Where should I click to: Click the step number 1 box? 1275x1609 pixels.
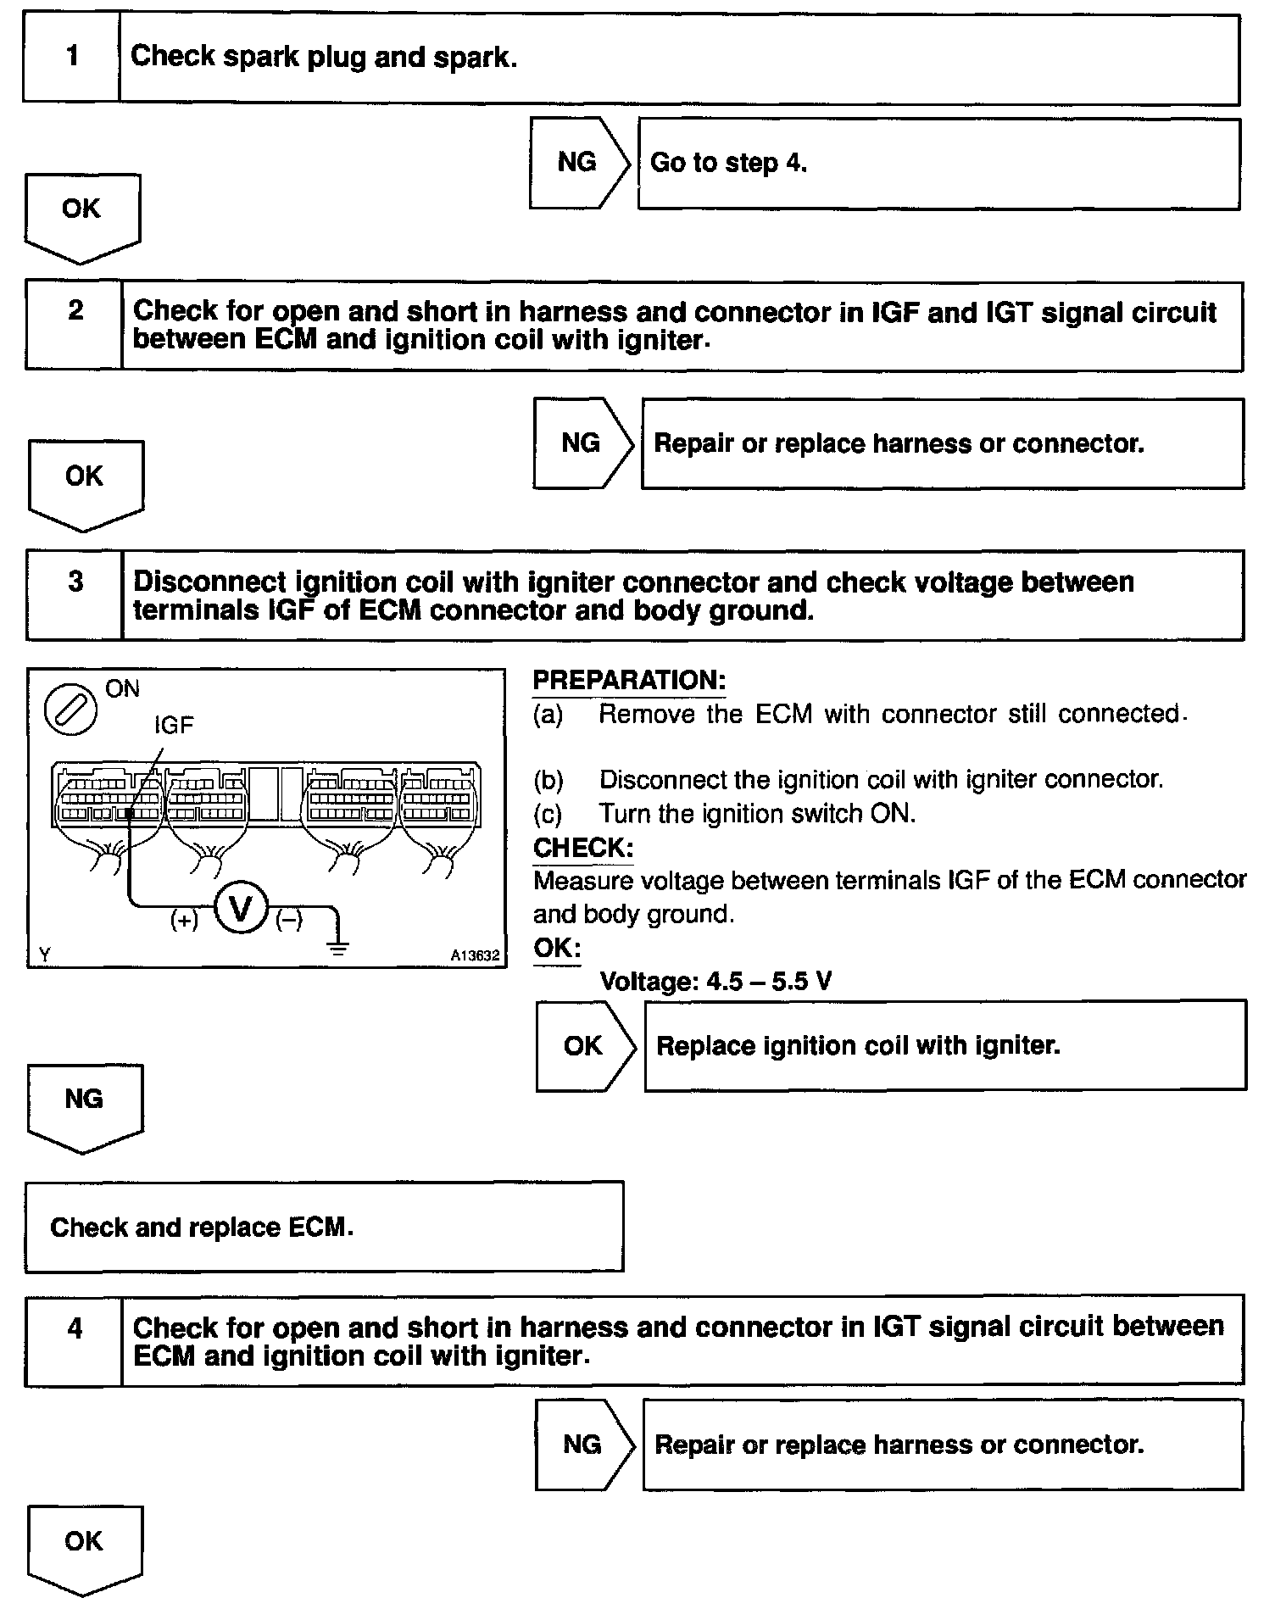pyautogui.click(x=72, y=57)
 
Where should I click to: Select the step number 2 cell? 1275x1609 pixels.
pyautogui.click(x=75, y=326)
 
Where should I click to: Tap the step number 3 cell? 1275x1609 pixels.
pyautogui.click(x=75, y=594)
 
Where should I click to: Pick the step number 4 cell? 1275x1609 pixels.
pyautogui.click(x=75, y=1340)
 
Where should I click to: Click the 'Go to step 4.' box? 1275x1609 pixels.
pyautogui.click(x=938, y=164)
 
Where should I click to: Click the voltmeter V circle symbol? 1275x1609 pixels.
pyautogui.click(x=242, y=909)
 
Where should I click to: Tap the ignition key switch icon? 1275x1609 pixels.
pyautogui.click(x=71, y=707)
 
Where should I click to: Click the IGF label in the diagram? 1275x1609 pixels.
pyautogui.click(x=174, y=725)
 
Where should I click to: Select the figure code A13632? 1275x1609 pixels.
pyautogui.click(x=475, y=955)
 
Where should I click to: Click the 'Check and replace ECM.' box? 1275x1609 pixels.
pyautogui.click(x=324, y=1227)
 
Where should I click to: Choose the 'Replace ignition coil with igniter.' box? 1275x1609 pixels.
pyautogui.click(x=944, y=1045)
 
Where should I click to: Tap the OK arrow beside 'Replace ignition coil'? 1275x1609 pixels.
pyautogui.click(x=584, y=1046)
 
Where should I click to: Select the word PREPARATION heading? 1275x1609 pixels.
pyautogui.click(x=628, y=680)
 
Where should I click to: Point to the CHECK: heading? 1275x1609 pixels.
pyautogui.click(x=583, y=848)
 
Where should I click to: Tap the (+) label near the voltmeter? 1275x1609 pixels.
pyautogui.click(x=184, y=920)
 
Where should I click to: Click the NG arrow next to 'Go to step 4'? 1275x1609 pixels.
pyautogui.click(x=578, y=163)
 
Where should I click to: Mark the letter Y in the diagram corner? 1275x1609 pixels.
pyautogui.click(x=44, y=955)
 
